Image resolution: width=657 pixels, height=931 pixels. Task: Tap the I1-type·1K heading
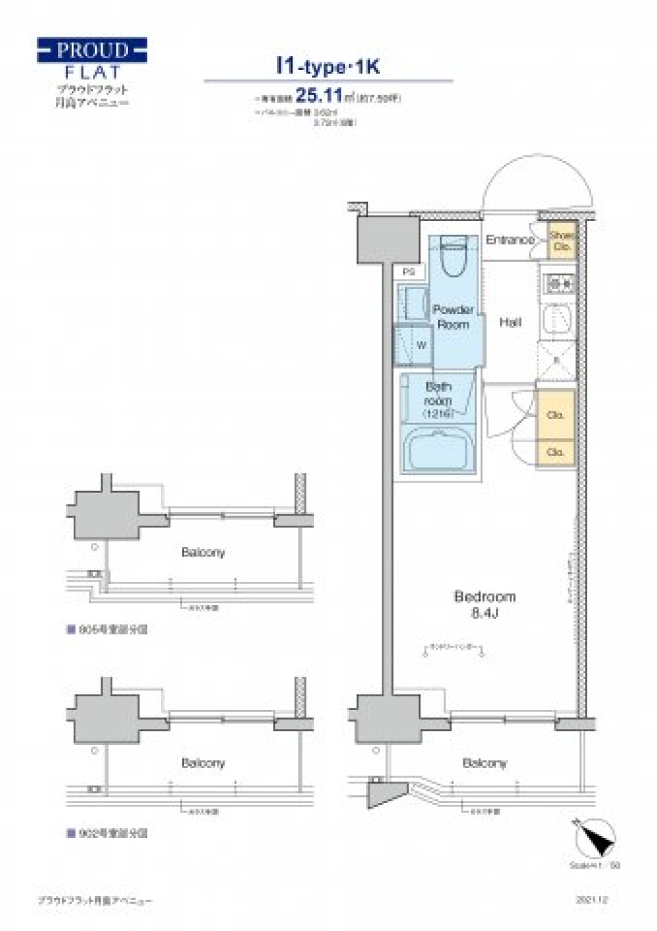pos(328,66)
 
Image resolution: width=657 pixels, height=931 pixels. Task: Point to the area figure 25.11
pos(318,94)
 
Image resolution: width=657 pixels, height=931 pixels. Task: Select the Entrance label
pos(510,240)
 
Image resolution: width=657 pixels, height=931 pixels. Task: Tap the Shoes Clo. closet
pos(562,241)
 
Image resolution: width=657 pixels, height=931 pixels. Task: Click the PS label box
pos(409,272)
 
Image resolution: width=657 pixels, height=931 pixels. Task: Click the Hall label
pos(510,322)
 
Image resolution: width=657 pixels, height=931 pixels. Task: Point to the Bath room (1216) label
pos(437,400)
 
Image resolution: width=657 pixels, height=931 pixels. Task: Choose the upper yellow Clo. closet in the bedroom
pos(555,415)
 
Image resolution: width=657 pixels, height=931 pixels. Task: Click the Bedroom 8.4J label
pos(485,604)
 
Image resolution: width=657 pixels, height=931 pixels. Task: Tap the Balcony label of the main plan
pos(485,763)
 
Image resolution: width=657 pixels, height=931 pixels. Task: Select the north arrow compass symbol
pos(595,837)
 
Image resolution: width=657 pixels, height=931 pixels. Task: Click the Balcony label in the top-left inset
pos(203,552)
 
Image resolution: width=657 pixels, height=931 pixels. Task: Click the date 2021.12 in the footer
pos(592,900)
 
